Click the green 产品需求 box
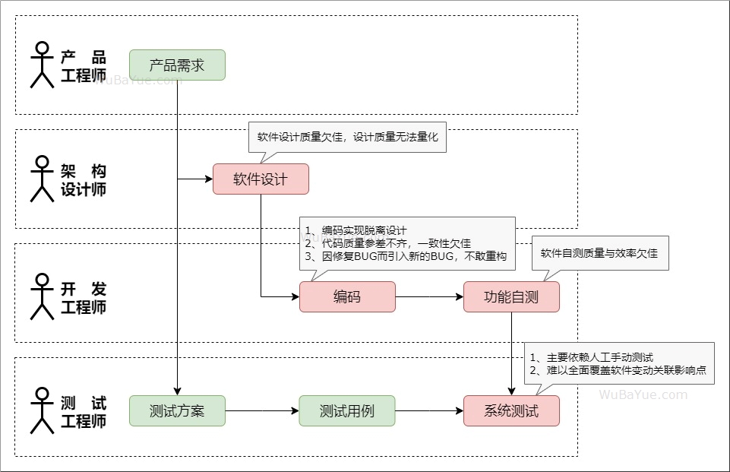[177, 65]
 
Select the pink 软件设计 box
[261, 179]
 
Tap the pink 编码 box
[347, 296]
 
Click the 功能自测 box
[511, 296]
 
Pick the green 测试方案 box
[177, 410]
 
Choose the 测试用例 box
[347, 410]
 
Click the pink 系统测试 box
[511, 410]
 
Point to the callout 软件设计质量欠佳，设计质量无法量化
[348, 138]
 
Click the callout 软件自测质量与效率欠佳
[599, 253]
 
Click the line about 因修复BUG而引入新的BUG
[405, 256]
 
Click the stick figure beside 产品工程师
[42, 65]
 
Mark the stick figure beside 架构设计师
[42, 179]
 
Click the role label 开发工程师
[84, 298]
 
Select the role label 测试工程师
[84, 412]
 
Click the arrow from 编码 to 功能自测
[429, 296]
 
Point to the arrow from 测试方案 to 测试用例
[262, 410]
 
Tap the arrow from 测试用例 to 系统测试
[429, 410]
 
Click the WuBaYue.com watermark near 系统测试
[643, 394]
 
